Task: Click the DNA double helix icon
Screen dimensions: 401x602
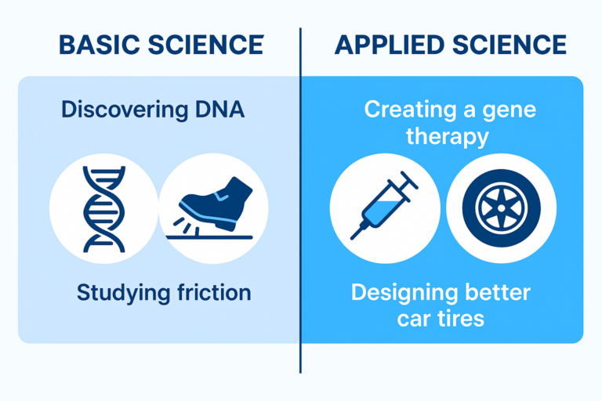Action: (103, 208)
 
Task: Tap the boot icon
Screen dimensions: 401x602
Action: (213, 205)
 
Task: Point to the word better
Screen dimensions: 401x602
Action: (499, 294)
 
